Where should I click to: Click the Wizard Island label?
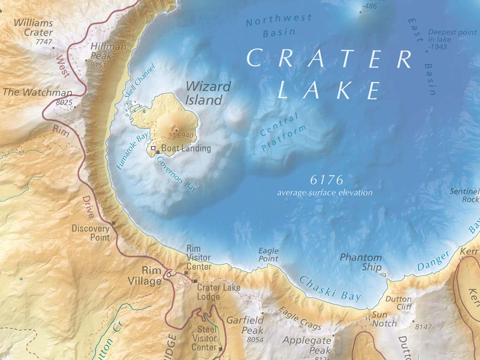(208, 93)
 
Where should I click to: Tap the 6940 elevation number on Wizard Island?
(185, 135)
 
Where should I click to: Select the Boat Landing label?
(186, 148)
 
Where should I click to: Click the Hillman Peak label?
(108, 52)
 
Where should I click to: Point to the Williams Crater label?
(33, 28)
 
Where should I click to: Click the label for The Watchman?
(37, 92)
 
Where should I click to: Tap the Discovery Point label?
(90, 233)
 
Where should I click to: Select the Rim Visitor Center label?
(198, 257)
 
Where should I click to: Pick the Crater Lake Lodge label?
(218, 292)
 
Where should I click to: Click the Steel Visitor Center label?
(204, 338)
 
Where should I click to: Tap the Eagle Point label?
(268, 255)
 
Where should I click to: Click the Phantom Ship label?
(360, 262)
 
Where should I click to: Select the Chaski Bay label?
(330, 288)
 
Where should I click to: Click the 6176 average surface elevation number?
(327, 180)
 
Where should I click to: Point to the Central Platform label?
(283, 133)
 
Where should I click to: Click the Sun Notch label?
(384, 319)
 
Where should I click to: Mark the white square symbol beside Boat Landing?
(153, 148)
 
